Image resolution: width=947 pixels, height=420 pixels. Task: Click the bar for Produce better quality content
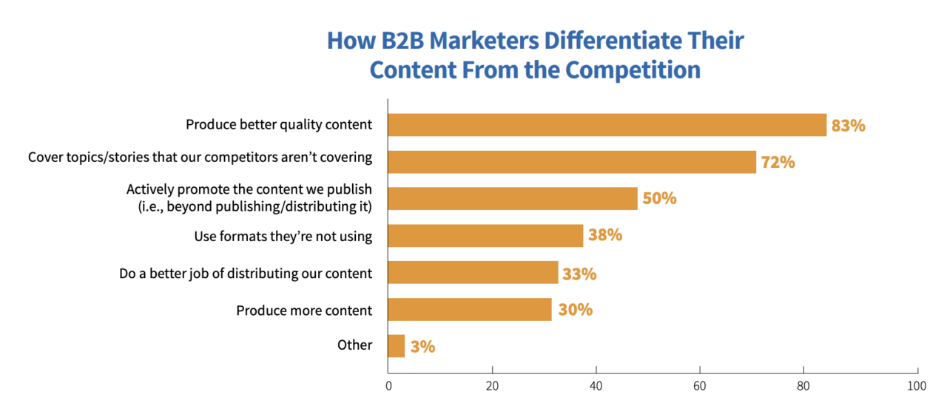click(607, 125)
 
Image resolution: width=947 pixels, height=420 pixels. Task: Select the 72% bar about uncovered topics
click(572, 162)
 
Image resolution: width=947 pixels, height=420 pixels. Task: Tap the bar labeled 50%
click(513, 199)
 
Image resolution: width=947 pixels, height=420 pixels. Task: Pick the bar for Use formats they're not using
click(485, 236)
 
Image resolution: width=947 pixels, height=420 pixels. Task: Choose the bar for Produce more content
click(470, 310)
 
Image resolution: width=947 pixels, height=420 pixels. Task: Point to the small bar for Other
click(397, 346)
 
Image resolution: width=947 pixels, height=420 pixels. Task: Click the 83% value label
click(848, 126)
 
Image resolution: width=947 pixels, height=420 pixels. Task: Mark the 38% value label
click(605, 236)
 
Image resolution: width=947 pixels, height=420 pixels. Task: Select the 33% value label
click(579, 274)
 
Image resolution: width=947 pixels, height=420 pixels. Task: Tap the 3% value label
click(422, 347)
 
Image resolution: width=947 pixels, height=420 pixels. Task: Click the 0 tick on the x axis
click(388, 385)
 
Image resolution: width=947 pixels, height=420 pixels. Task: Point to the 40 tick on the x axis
click(596, 385)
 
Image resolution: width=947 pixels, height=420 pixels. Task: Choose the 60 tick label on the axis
click(700, 385)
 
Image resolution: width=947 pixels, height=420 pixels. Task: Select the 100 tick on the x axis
click(916, 385)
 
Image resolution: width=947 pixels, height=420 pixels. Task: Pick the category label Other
click(355, 345)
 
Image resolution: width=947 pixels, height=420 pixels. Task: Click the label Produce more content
click(304, 311)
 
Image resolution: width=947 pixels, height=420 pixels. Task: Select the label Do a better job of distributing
click(246, 274)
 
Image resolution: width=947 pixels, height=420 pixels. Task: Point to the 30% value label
click(575, 310)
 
